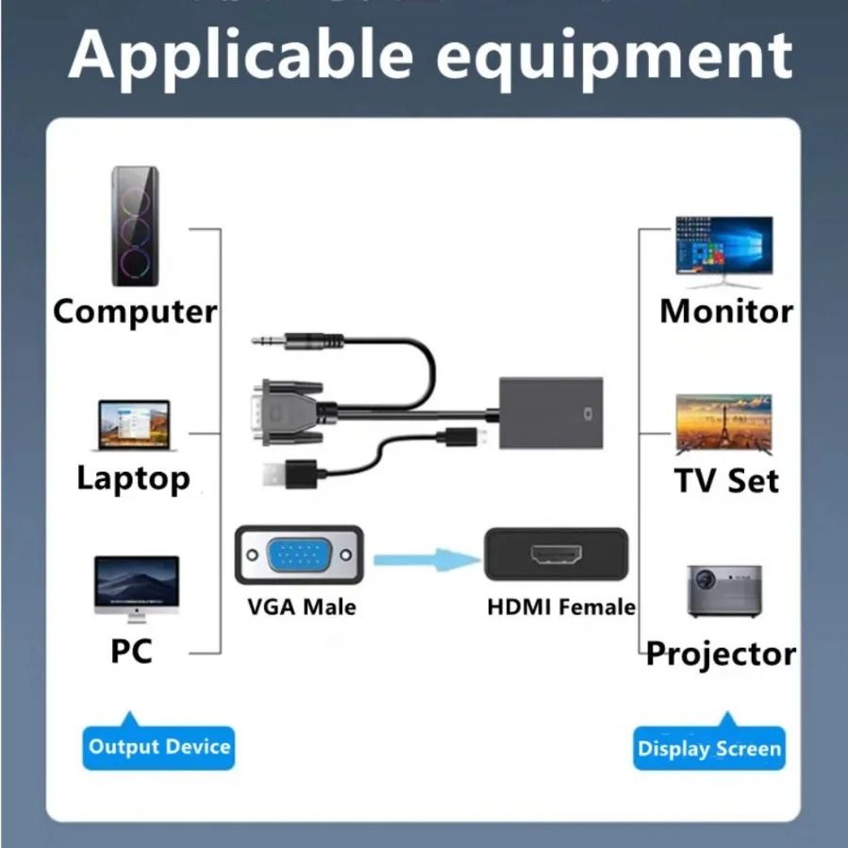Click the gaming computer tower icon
135,226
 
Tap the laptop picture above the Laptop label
136,425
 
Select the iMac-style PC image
136,589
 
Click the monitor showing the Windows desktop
723,251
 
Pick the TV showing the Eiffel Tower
723,425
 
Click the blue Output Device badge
158,748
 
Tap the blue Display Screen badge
708,749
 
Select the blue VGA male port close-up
299,556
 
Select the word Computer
135,312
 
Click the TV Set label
725,480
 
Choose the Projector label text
722,654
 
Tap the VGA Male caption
302,607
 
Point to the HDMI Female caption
561,607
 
